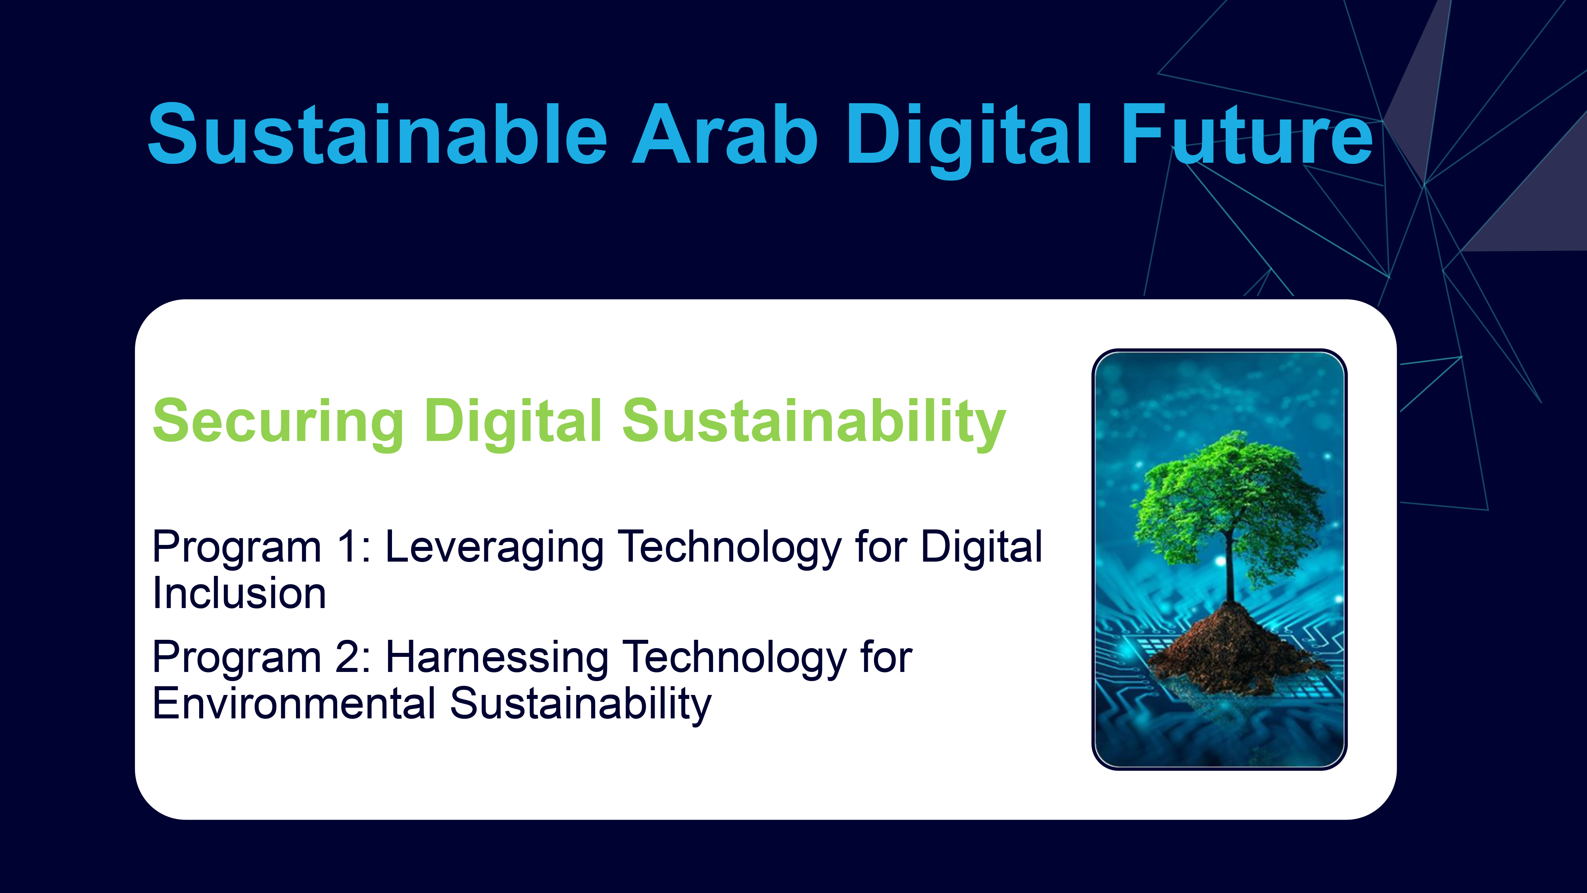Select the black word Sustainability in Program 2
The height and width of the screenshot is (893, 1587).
(x=580, y=706)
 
